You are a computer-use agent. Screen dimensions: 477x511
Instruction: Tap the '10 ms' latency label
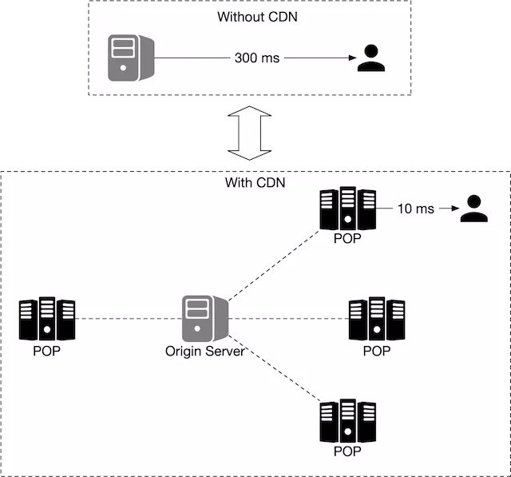click(x=415, y=209)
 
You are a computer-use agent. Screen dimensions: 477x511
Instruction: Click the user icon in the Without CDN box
click(x=370, y=58)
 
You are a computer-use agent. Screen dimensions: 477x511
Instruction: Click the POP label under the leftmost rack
click(x=47, y=351)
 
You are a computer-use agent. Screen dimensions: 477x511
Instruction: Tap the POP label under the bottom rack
click(x=347, y=451)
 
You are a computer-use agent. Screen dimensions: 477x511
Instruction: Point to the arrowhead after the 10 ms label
click(x=453, y=209)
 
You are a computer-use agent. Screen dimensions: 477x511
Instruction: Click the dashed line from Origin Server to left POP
click(x=128, y=319)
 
